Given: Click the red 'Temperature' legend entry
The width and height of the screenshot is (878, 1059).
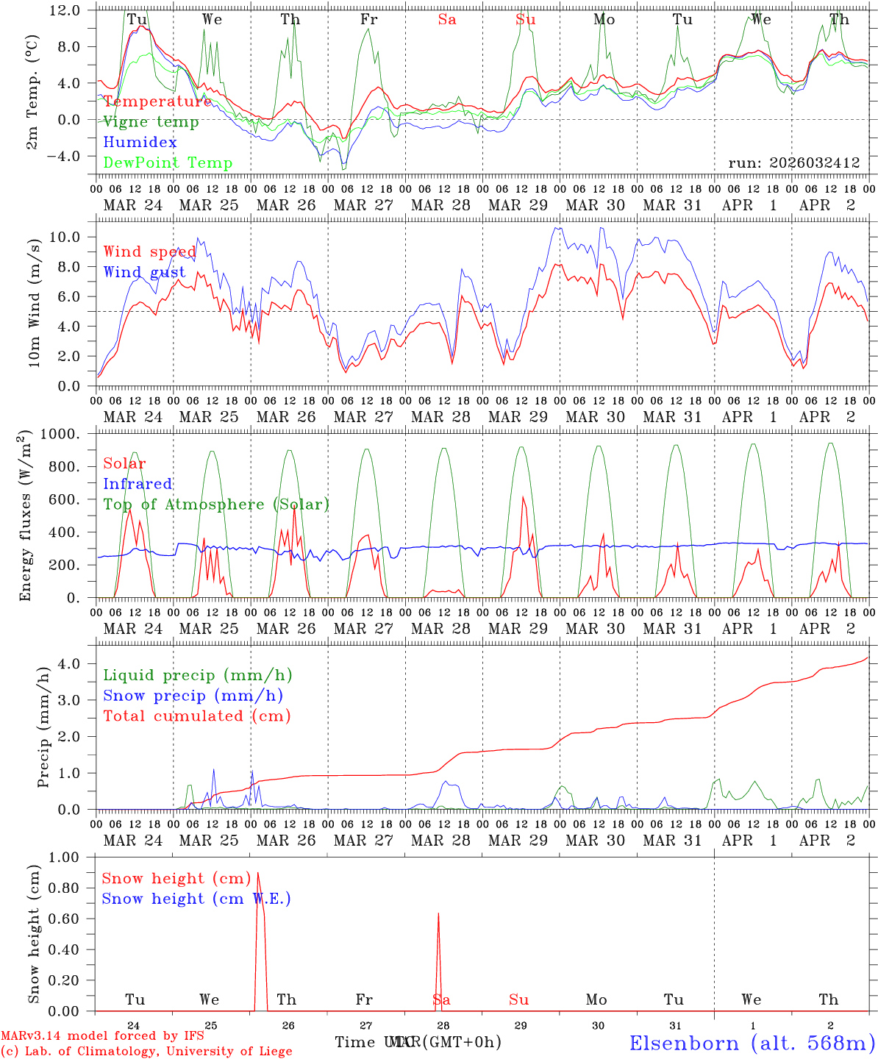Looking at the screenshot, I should pos(157,101).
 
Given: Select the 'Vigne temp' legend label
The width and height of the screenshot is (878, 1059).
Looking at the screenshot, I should pos(151,122).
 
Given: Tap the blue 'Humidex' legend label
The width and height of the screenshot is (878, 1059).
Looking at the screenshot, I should pos(140,143).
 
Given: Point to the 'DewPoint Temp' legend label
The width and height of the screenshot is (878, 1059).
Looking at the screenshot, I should pos(168,163).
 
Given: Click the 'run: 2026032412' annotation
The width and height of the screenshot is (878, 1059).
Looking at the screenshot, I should pos(793,163).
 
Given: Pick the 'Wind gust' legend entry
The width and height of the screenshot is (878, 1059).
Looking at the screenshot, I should pos(144,272).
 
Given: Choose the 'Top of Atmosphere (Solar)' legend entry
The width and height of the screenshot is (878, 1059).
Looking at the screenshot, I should pos(216,504).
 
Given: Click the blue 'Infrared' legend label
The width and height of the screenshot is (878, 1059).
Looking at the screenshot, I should pos(138,484).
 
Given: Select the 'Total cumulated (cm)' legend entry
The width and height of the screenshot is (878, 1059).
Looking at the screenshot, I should pos(196,716).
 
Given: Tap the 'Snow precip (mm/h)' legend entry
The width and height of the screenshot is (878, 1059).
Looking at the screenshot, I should pos(193,696).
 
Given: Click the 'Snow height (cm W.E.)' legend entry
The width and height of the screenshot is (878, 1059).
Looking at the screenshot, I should pos(196,899).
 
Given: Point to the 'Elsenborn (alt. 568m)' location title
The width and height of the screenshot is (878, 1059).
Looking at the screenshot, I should pos(752,1043).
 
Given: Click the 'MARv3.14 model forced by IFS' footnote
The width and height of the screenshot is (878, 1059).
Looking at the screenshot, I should pos(102,1036).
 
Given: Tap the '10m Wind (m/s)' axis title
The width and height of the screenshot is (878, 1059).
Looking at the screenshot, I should pos(34,302).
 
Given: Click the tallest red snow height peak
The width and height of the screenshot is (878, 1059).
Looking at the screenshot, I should pos(257,874).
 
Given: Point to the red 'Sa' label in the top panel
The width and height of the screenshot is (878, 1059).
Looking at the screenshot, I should pos(447,20).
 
